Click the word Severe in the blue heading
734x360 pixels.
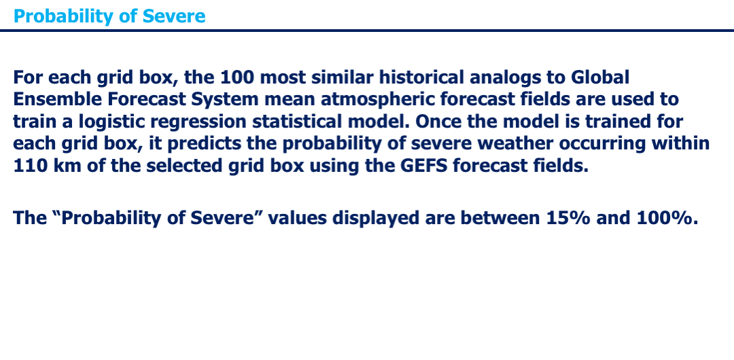[x=174, y=16]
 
